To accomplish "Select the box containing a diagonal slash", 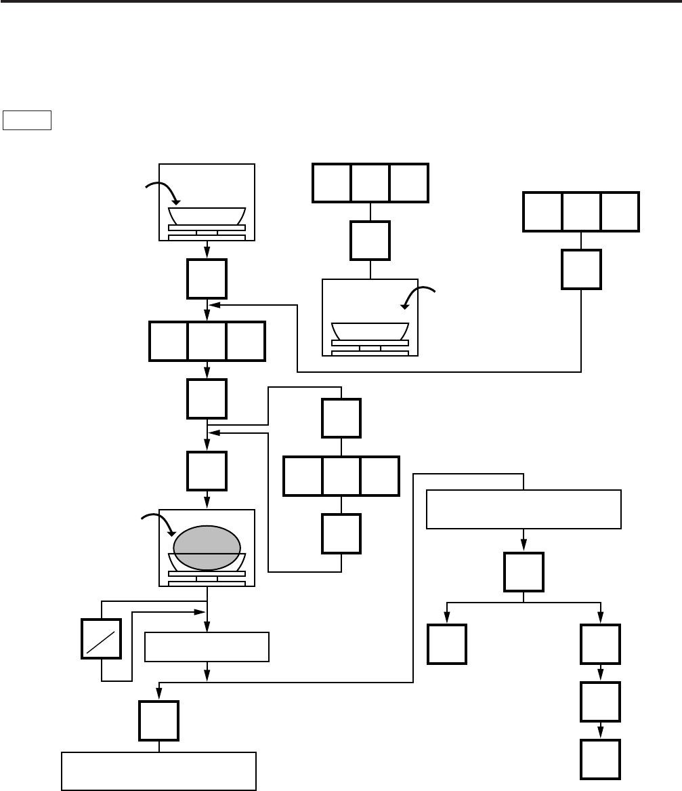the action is (102, 638).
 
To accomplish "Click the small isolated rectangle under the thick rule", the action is (28, 120).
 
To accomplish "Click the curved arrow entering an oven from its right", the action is (420, 295).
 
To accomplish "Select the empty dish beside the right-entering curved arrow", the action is (370, 331).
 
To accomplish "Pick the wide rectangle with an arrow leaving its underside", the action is (524, 509).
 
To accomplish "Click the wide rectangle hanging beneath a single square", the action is (158, 771).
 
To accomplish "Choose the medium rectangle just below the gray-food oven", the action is (207, 647).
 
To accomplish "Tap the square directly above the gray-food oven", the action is (207, 470).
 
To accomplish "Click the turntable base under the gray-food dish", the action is (207, 577).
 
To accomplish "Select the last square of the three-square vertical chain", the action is (601, 759).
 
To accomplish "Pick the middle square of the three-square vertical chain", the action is (601, 702).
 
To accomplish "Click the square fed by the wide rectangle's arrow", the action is (524, 572).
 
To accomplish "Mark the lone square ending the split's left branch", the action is (447, 644).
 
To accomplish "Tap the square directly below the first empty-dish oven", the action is (207, 278).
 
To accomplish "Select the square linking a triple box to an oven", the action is (370, 241).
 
